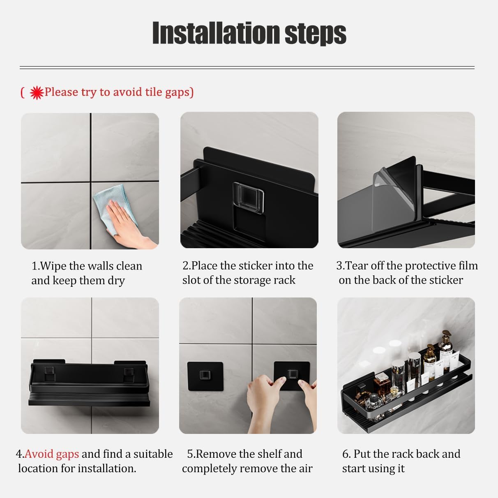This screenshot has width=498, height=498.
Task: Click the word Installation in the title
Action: (216, 33)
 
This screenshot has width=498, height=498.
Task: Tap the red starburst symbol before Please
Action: (37, 93)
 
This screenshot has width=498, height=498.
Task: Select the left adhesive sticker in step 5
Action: (205, 376)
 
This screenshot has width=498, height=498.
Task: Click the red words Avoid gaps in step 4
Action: (52, 454)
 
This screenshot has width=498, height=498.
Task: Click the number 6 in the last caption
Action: (345, 454)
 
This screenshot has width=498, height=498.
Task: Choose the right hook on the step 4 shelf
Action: (129, 375)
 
